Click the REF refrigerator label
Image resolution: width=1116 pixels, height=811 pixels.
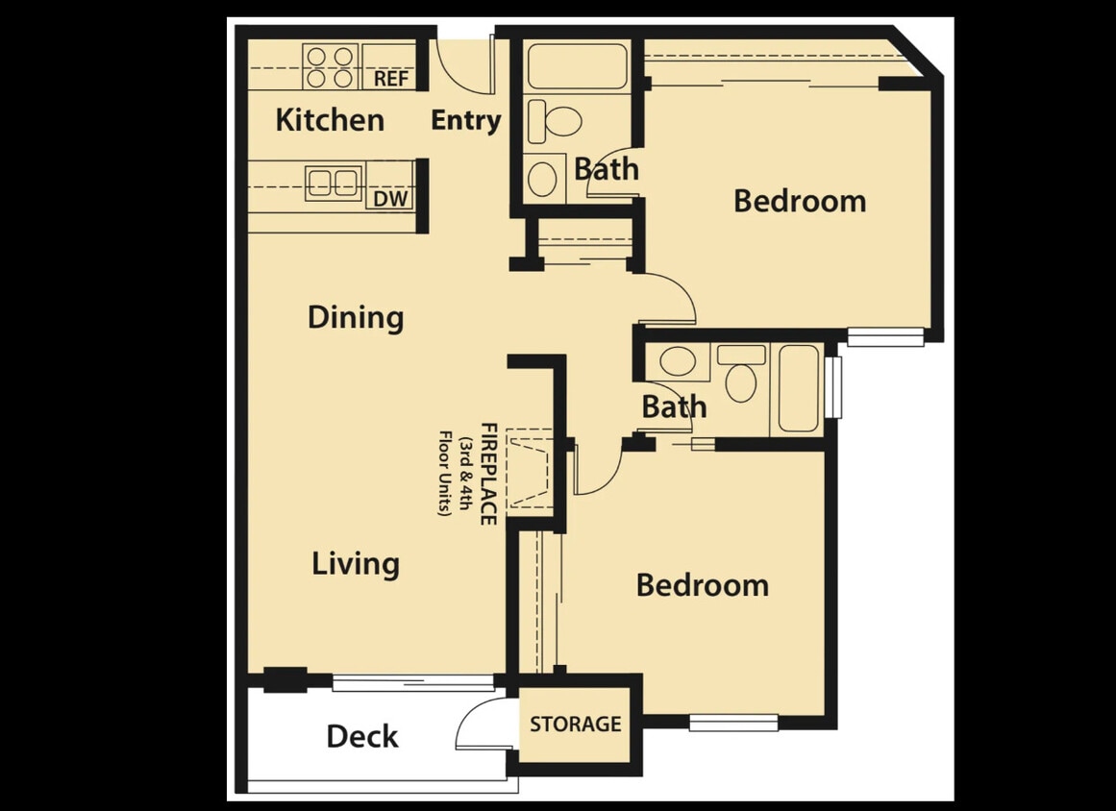[x=390, y=79]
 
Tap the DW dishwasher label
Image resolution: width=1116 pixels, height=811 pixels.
[x=389, y=198]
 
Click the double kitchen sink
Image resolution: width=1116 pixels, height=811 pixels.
[x=334, y=182]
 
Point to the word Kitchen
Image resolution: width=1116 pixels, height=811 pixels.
[x=330, y=120]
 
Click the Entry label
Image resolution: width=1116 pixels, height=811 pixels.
[x=465, y=121]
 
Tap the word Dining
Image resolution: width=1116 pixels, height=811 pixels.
[x=355, y=317]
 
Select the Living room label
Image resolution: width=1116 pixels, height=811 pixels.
[x=355, y=563]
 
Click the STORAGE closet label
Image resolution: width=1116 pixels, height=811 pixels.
[x=575, y=724]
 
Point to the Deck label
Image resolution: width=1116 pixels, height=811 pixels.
[x=361, y=737]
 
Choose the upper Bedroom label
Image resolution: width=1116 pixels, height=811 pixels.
[x=799, y=201]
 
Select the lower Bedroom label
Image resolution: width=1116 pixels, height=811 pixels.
[x=702, y=585]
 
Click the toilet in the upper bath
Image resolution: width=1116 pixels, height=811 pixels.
[x=556, y=120]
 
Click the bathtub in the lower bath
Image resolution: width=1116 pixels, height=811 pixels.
[x=798, y=387]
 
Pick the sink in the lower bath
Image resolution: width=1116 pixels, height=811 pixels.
[x=679, y=361]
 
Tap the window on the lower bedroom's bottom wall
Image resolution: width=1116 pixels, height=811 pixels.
[x=733, y=723]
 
